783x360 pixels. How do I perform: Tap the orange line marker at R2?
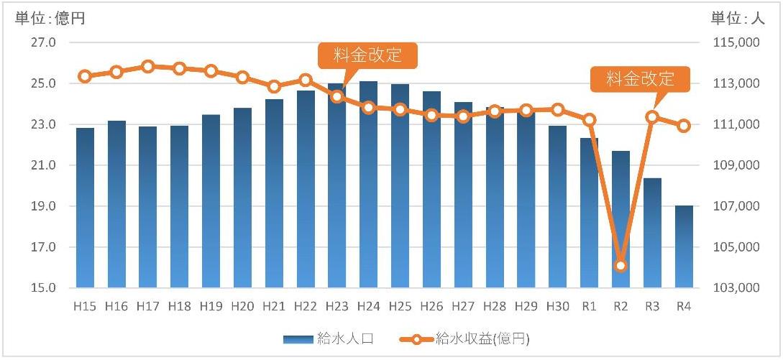tap(621, 266)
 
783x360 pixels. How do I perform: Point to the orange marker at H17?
tap(148, 66)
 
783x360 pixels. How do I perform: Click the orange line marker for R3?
tap(652, 116)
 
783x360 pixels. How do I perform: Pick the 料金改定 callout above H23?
tap(367, 55)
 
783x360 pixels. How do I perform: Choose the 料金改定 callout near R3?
tap(640, 79)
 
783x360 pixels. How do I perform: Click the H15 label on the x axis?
tap(85, 306)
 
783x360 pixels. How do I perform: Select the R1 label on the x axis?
tap(589, 306)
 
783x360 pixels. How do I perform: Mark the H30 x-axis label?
tap(557, 306)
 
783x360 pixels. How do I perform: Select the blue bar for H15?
tap(85, 208)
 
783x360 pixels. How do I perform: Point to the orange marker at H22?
tap(306, 80)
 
